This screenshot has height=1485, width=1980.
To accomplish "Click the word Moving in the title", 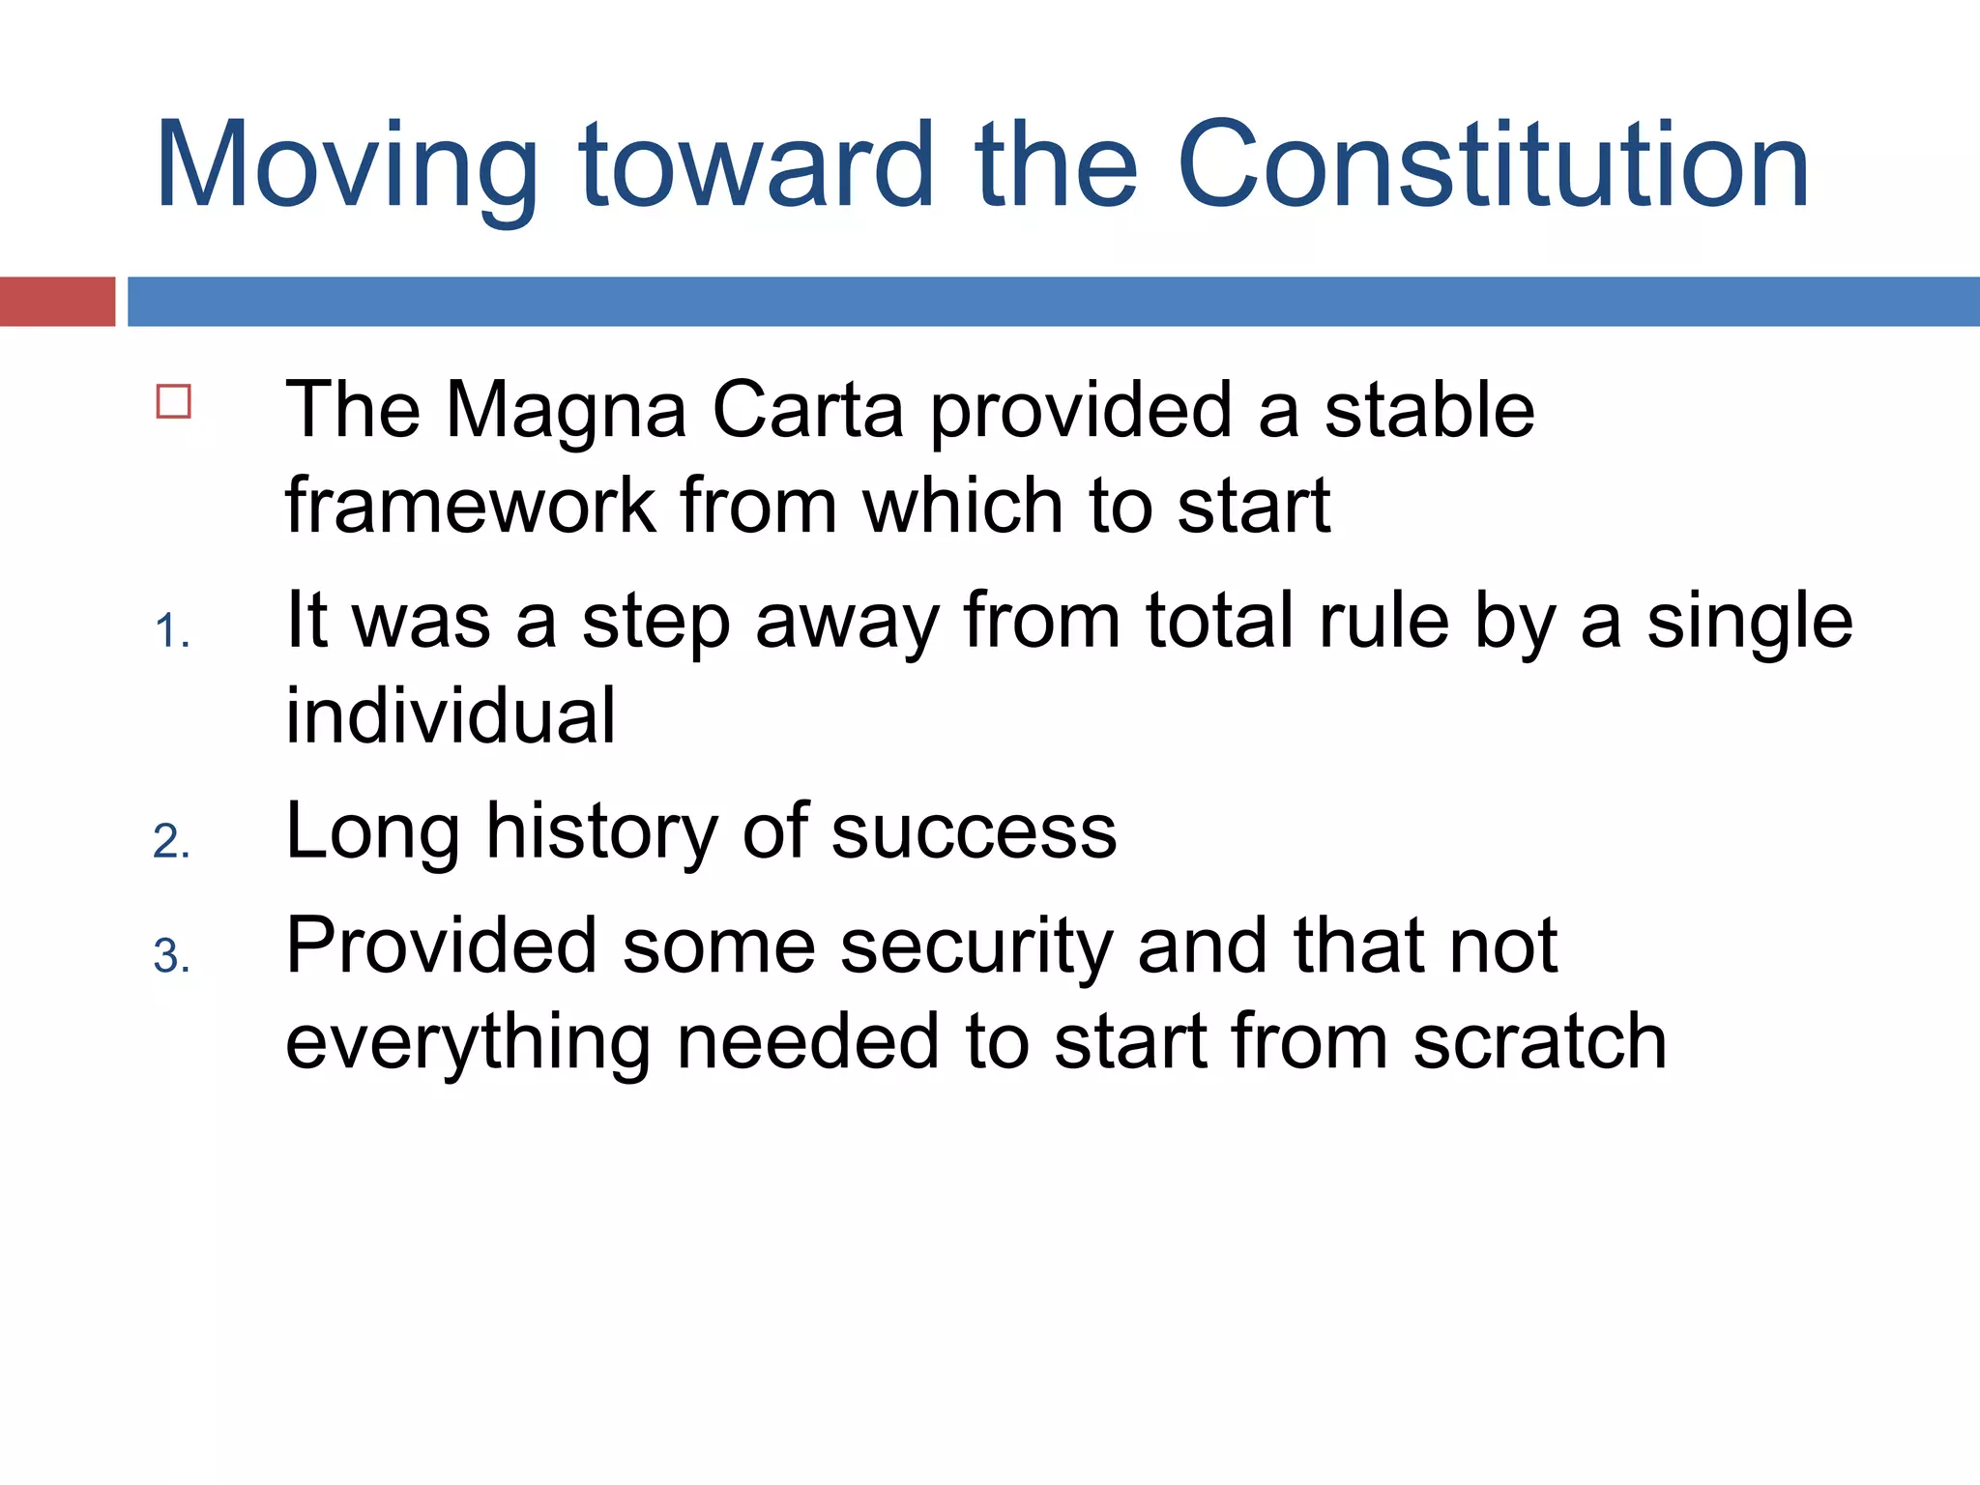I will coord(346,166).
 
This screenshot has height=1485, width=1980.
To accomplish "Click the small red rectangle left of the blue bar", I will coord(57,302).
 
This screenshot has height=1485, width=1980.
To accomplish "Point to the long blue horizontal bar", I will coord(1053,302).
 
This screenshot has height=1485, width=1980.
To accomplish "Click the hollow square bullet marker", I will coord(174,401).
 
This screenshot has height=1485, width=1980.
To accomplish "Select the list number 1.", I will coord(171,632).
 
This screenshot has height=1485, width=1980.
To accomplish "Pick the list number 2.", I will coord(171,842).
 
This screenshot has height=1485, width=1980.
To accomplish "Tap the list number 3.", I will coord(171,957).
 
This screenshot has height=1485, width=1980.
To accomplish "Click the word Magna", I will coord(566,412).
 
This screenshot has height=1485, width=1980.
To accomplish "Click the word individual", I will coord(451,715).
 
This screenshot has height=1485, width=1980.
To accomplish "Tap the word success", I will coord(974,832).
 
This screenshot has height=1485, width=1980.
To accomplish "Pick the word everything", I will coord(468,1044).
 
